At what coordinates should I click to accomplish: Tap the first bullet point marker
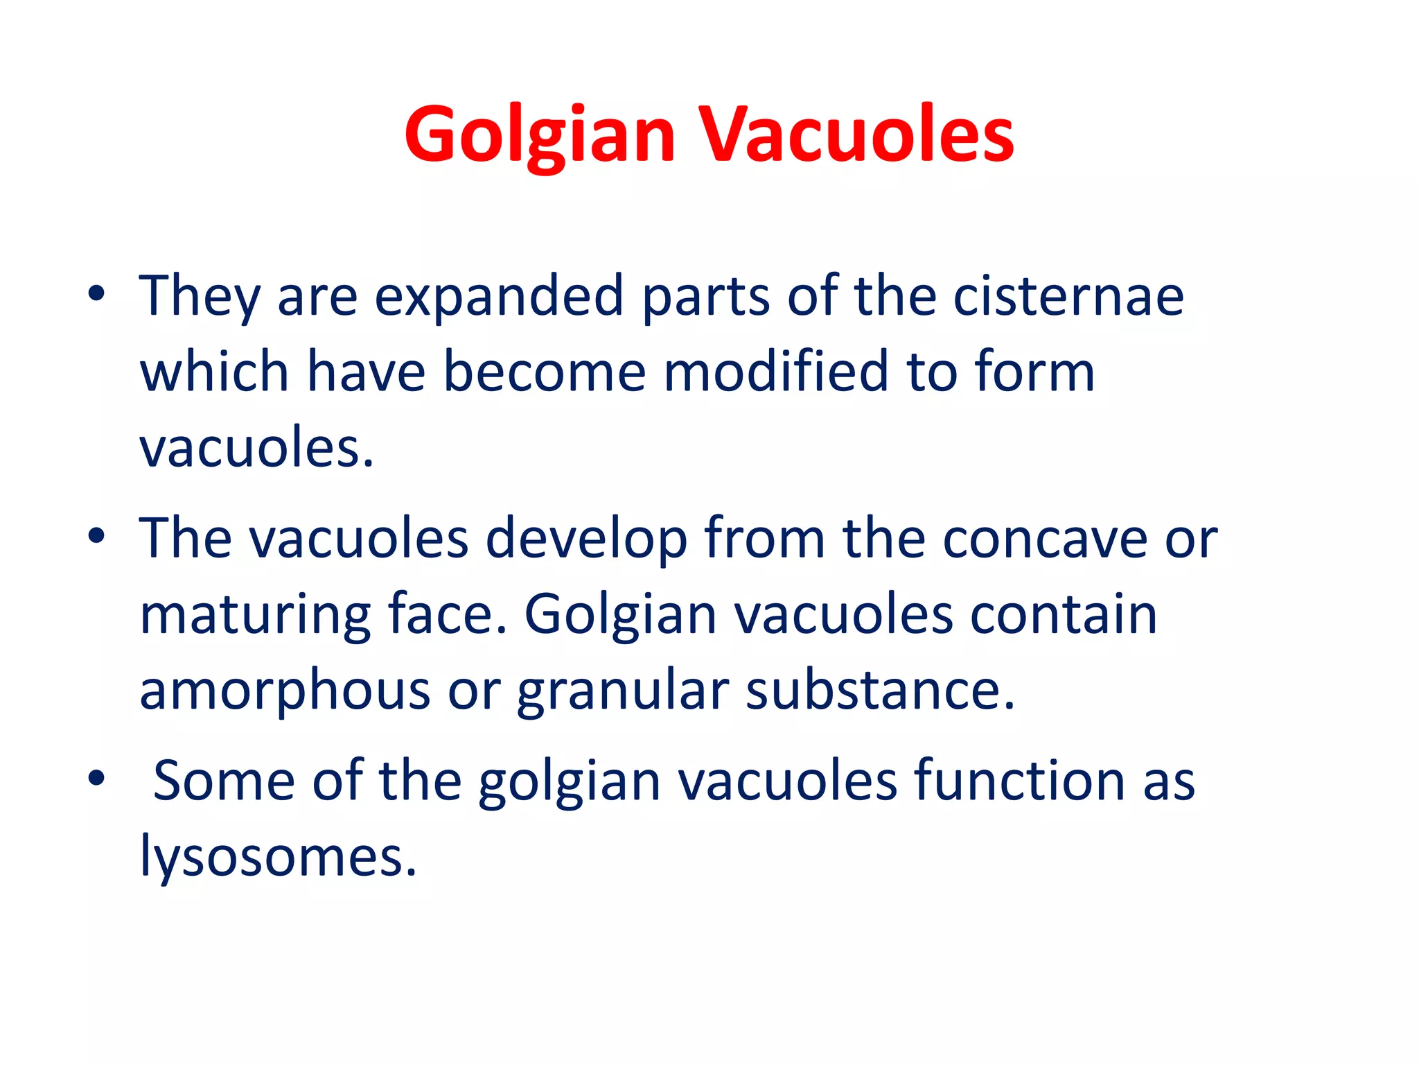(96, 294)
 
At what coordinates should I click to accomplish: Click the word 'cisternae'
(1068, 297)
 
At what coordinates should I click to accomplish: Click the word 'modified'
(775, 372)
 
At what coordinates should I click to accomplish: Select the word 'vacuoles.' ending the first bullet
(256, 448)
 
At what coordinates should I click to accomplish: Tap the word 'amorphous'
(285, 691)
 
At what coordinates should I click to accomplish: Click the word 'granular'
(623, 692)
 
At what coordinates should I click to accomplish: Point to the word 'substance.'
(880, 691)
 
